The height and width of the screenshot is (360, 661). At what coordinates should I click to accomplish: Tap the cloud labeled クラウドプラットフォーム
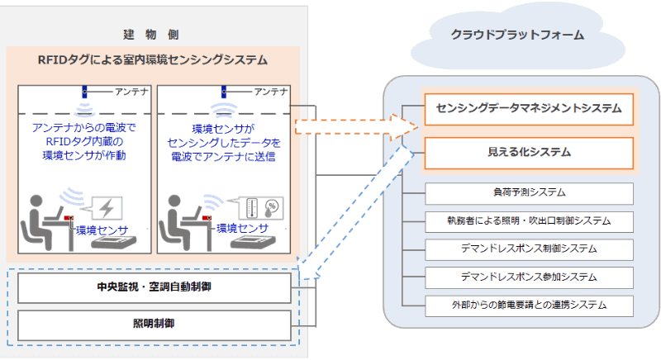coord(517,36)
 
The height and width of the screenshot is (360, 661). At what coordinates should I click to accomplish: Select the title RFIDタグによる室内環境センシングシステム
coord(153,60)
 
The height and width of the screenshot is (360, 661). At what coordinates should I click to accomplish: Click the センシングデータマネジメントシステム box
coord(529,108)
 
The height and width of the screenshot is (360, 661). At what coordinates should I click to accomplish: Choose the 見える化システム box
coord(529,153)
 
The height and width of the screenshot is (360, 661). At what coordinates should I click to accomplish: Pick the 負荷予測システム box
coord(529,193)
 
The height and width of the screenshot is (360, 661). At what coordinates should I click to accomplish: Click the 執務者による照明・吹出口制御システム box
coord(529,220)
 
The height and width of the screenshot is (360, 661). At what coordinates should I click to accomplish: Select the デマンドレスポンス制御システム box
coord(529,249)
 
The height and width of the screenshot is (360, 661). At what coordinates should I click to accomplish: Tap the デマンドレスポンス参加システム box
coord(529,277)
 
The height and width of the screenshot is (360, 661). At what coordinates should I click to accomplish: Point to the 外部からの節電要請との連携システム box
coord(529,305)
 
